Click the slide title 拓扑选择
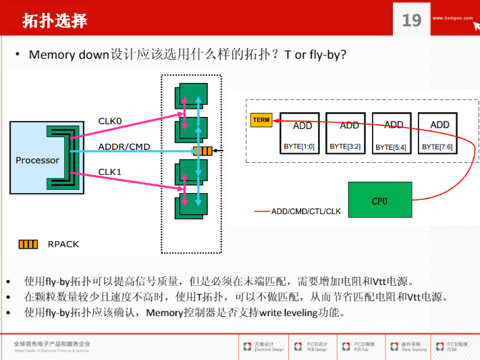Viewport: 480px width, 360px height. [55, 20]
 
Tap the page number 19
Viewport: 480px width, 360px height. [411, 20]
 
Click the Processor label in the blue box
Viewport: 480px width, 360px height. [37, 160]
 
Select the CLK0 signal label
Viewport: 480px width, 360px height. [110, 121]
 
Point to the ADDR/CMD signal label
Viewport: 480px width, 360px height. [124, 147]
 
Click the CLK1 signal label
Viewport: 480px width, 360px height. [110, 172]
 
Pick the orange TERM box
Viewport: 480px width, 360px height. [261, 120]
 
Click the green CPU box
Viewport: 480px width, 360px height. [379, 201]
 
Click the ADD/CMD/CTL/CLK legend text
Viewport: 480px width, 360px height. [306, 211]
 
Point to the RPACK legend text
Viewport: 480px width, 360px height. [63, 244]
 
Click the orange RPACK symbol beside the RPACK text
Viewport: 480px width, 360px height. [28, 244]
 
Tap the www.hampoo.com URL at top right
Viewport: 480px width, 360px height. [452, 18]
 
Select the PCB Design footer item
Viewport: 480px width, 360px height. [317, 346]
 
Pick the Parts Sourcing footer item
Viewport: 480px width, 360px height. [413, 346]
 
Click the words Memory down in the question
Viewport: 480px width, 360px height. [69, 54]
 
